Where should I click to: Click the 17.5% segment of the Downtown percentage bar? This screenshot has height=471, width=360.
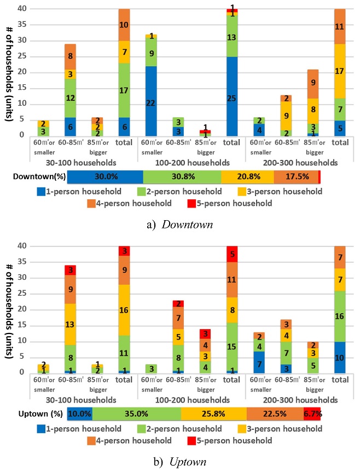(x=296, y=177)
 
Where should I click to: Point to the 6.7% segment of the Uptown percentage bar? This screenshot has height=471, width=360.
(x=313, y=413)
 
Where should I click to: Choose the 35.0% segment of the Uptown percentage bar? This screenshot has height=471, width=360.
(x=137, y=413)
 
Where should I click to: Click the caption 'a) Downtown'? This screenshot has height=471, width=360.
(x=180, y=225)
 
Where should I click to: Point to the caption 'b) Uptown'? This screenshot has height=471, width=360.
(x=180, y=462)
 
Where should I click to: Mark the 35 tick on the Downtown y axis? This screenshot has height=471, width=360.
(x=22, y=25)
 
